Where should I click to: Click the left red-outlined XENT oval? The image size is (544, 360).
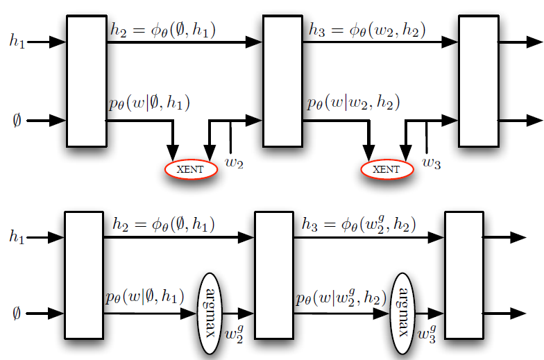pos(191,169)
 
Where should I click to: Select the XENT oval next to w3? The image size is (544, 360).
pos(386,169)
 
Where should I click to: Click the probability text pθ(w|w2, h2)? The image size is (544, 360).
pos(354,105)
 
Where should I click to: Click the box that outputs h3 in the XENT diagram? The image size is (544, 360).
pos(282,82)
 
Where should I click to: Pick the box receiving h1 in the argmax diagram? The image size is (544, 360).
pos(83,276)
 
